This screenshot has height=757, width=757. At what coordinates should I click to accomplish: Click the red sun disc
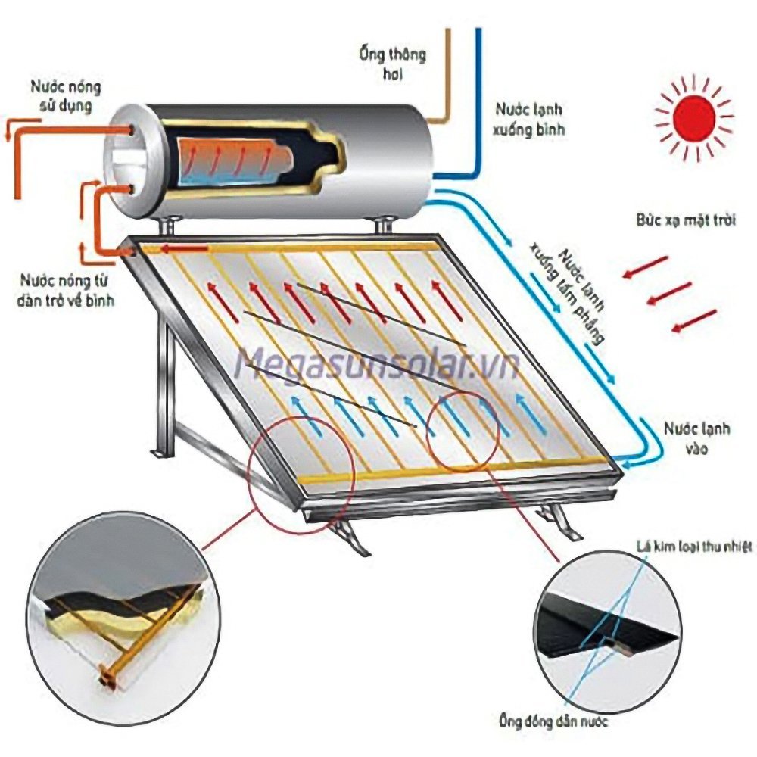point(694,118)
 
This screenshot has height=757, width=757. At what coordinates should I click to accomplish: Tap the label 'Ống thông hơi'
point(392,64)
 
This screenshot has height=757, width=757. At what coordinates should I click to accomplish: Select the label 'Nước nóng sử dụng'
point(65,95)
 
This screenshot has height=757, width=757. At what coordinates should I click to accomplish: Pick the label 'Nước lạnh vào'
point(697,438)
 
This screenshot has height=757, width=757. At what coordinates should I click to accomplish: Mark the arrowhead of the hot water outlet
point(8,134)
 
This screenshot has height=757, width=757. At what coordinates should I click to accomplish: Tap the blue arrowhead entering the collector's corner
point(618,459)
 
